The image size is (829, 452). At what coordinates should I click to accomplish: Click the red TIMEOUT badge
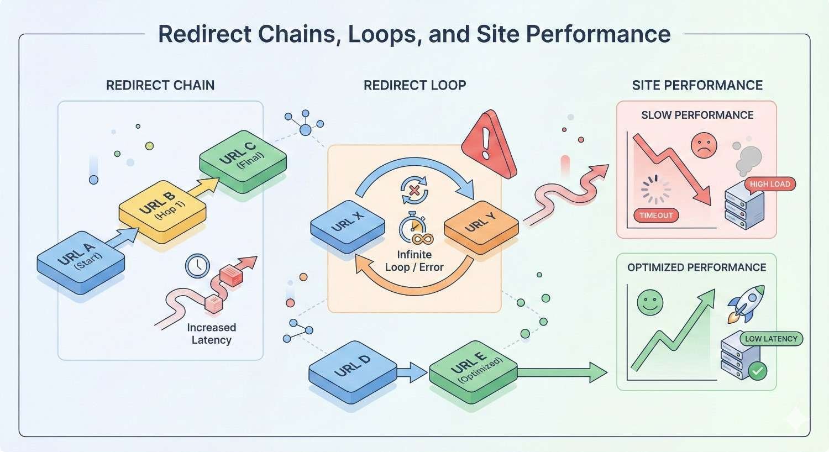tap(656, 215)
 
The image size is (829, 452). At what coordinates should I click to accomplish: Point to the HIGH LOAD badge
tap(770, 184)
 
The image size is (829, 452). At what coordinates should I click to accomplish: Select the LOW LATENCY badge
tap(771, 339)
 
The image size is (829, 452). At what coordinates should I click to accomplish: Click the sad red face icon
tap(704, 146)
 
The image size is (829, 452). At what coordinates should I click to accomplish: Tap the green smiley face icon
tap(650, 302)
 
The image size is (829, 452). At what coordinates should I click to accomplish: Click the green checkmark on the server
tap(757, 370)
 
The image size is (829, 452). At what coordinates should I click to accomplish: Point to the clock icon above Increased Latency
tap(197, 265)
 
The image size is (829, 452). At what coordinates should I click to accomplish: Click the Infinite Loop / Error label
tap(414, 261)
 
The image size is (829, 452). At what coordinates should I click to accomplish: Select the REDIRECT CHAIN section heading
tap(160, 85)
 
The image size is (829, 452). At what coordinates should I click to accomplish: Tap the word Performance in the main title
tap(598, 34)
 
